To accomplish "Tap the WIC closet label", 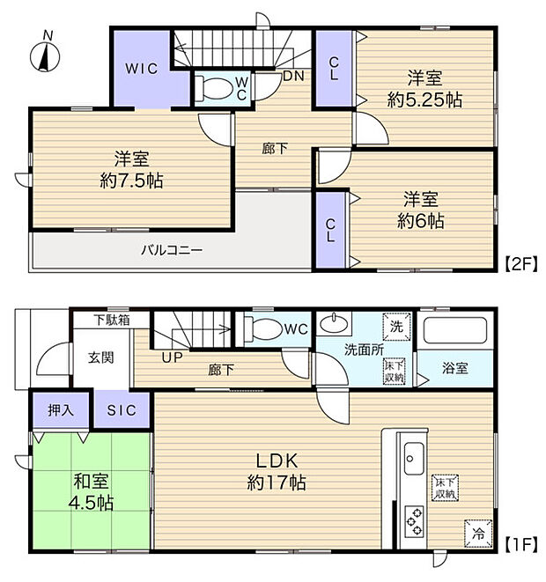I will pyautogui.click(x=140, y=69).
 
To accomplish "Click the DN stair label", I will pyautogui.click(x=293, y=76).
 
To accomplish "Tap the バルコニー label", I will pyautogui.click(x=173, y=250).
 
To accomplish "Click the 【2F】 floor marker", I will pyautogui.click(x=520, y=262).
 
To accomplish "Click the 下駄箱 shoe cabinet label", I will pyautogui.click(x=112, y=320).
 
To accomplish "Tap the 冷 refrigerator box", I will pyautogui.click(x=476, y=531).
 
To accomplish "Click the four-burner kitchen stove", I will pyautogui.click(x=413, y=519).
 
